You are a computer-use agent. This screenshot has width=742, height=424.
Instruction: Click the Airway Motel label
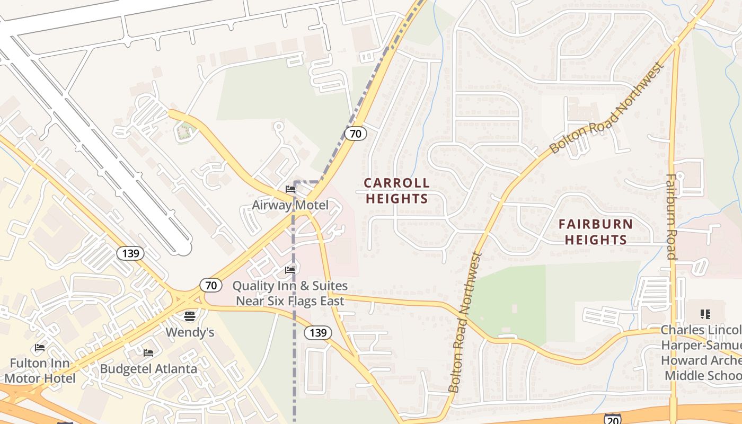click(290, 205)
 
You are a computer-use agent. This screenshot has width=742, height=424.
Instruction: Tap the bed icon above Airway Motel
click(290, 189)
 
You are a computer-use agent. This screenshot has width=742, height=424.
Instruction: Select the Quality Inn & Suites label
click(290, 293)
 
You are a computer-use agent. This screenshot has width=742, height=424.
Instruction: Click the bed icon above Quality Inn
click(290, 270)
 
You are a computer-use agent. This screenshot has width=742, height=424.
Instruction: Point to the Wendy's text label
click(190, 332)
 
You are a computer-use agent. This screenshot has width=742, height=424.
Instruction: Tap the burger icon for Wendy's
click(190, 316)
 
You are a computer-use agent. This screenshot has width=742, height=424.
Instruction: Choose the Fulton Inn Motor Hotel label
click(40, 371)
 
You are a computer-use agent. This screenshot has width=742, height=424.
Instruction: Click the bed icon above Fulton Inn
click(40, 348)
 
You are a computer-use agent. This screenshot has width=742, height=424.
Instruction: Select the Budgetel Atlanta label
click(148, 369)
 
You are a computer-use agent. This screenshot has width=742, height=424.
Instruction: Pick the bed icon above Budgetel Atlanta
click(148, 352)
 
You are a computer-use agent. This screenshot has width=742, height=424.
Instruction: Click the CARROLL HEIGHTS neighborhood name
click(396, 191)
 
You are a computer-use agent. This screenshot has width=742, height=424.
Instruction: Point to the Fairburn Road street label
click(672, 217)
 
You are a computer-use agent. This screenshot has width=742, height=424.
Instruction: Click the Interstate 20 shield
click(612, 419)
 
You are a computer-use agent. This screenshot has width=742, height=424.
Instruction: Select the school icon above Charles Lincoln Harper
click(705, 314)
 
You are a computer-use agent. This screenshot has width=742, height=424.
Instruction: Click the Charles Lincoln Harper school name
click(701, 352)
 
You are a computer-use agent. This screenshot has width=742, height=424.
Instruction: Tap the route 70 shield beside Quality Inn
click(211, 286)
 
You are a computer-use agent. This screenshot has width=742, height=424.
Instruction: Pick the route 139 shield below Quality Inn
click(317, 333)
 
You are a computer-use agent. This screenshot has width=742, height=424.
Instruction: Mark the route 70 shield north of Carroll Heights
click(355, 134)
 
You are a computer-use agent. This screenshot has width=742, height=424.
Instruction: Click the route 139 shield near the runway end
click(130, 253)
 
